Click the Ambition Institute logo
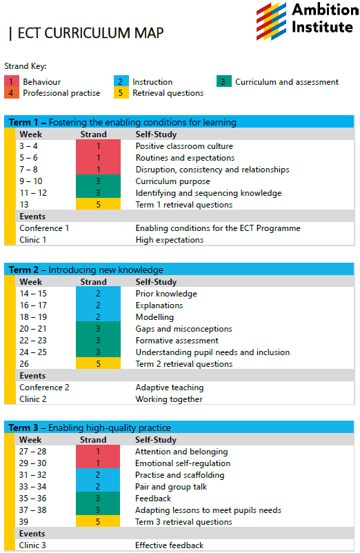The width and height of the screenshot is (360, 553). [305, 19]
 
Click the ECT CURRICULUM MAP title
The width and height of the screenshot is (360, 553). [90, 33]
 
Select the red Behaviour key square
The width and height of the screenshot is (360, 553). [11, 82]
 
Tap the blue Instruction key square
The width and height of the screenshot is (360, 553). [121, 82]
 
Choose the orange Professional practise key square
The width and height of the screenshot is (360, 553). [11, 93]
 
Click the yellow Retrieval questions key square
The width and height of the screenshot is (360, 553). [121, 93]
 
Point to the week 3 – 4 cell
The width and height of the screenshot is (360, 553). [28, 146]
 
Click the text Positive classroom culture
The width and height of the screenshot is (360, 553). [184, 146]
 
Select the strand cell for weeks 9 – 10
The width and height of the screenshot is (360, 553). [99, 181]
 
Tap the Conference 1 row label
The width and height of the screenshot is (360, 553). [44, 228]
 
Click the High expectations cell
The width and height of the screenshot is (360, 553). [169, 240]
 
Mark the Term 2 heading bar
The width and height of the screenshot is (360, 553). [179, 270]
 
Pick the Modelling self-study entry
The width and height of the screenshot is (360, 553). [154, 317]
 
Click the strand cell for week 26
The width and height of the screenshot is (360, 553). [99, 364]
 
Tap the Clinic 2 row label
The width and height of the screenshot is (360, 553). [33, 399]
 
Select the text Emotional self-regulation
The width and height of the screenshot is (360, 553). [183, 463]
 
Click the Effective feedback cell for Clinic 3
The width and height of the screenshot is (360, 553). [169, 545]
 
